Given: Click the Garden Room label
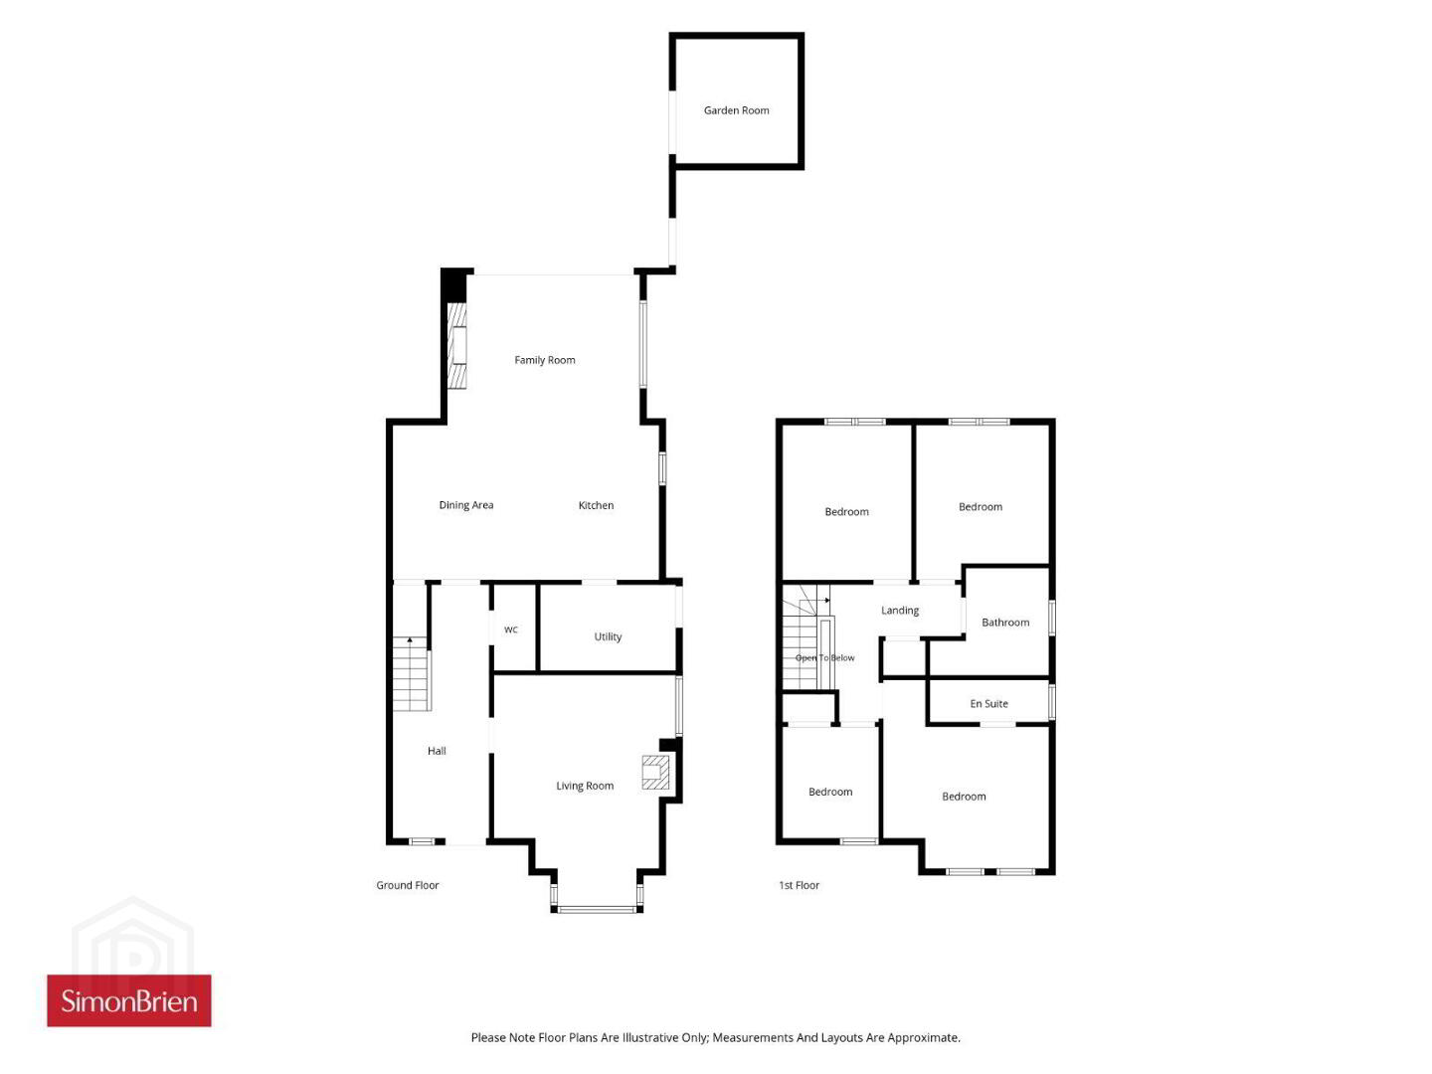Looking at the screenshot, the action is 736,110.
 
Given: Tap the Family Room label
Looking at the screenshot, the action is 545,360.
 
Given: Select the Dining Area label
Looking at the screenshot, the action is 465,505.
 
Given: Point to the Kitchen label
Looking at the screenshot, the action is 596,505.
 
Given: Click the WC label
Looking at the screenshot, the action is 511,629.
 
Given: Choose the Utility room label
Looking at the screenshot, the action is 608,636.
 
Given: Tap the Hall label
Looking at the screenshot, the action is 437,751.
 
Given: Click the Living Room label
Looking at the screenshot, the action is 585,786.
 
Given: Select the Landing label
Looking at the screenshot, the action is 900,611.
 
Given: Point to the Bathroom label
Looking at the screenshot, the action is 1005,623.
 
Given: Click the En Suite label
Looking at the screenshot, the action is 988,704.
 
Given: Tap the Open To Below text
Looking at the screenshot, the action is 824,658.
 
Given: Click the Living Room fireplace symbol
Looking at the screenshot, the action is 655,772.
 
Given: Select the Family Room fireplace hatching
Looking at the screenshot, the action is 457,346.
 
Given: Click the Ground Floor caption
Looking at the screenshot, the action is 407,885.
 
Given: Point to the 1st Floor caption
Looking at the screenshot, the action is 799,885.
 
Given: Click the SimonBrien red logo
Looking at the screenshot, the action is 129,1001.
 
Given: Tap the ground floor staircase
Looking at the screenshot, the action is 411,673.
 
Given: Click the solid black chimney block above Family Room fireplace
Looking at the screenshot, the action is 454,285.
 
